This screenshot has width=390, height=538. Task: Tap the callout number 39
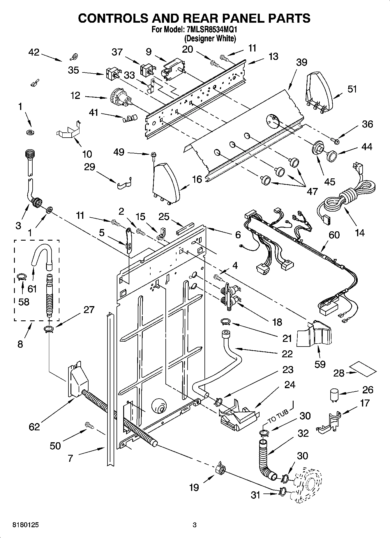coord(301,62)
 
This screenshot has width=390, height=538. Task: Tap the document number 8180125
coord(26,525)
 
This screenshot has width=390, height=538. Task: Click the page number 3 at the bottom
coord(195,525)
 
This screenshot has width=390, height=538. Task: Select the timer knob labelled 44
coord(332,156)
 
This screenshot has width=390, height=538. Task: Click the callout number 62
coord(34,427)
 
